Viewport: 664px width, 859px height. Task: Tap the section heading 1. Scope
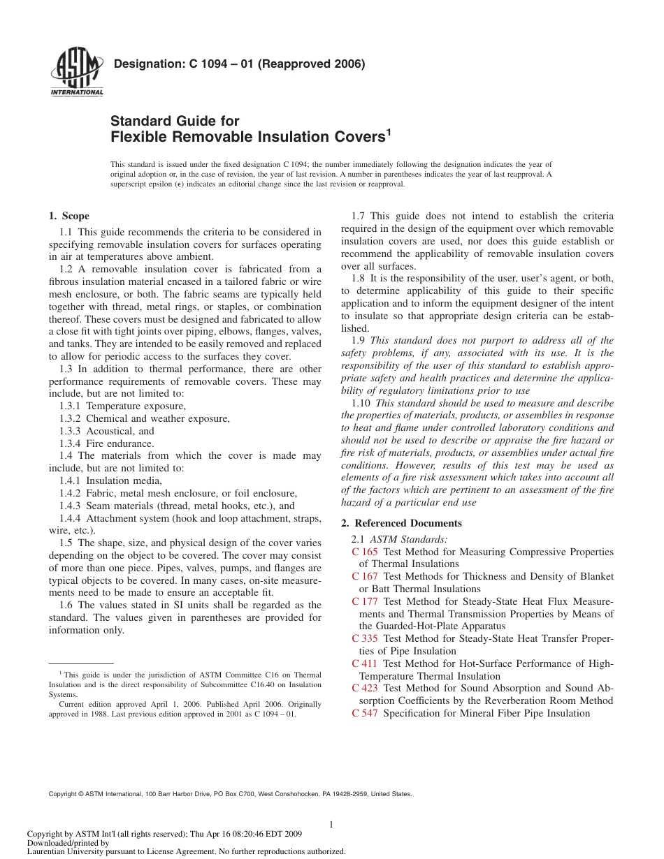68,216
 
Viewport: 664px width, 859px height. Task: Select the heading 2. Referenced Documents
401,523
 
